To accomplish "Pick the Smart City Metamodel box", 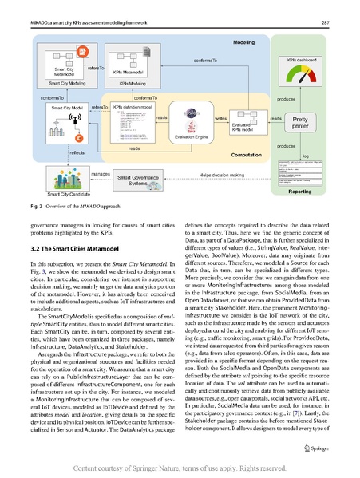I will (x=63, y=63).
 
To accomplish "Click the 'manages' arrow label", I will (x=100, y=173).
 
